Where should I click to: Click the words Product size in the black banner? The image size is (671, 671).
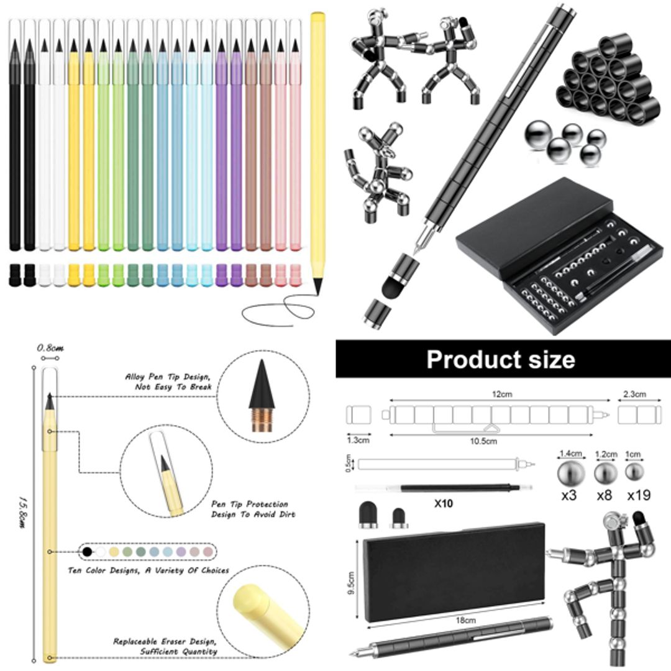point(501,360)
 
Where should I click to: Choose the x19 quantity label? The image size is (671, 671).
point(635,496)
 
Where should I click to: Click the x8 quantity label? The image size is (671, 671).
point(605,496)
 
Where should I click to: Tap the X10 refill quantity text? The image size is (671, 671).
point(443,503)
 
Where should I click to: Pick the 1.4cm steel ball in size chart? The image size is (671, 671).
point(570,472)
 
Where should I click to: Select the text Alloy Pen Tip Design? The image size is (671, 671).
point(168,377)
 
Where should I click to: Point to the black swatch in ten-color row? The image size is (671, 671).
point(88,551)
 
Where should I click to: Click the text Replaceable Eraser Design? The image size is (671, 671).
point(165,641)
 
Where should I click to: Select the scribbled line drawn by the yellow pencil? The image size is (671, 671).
point(280,310)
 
